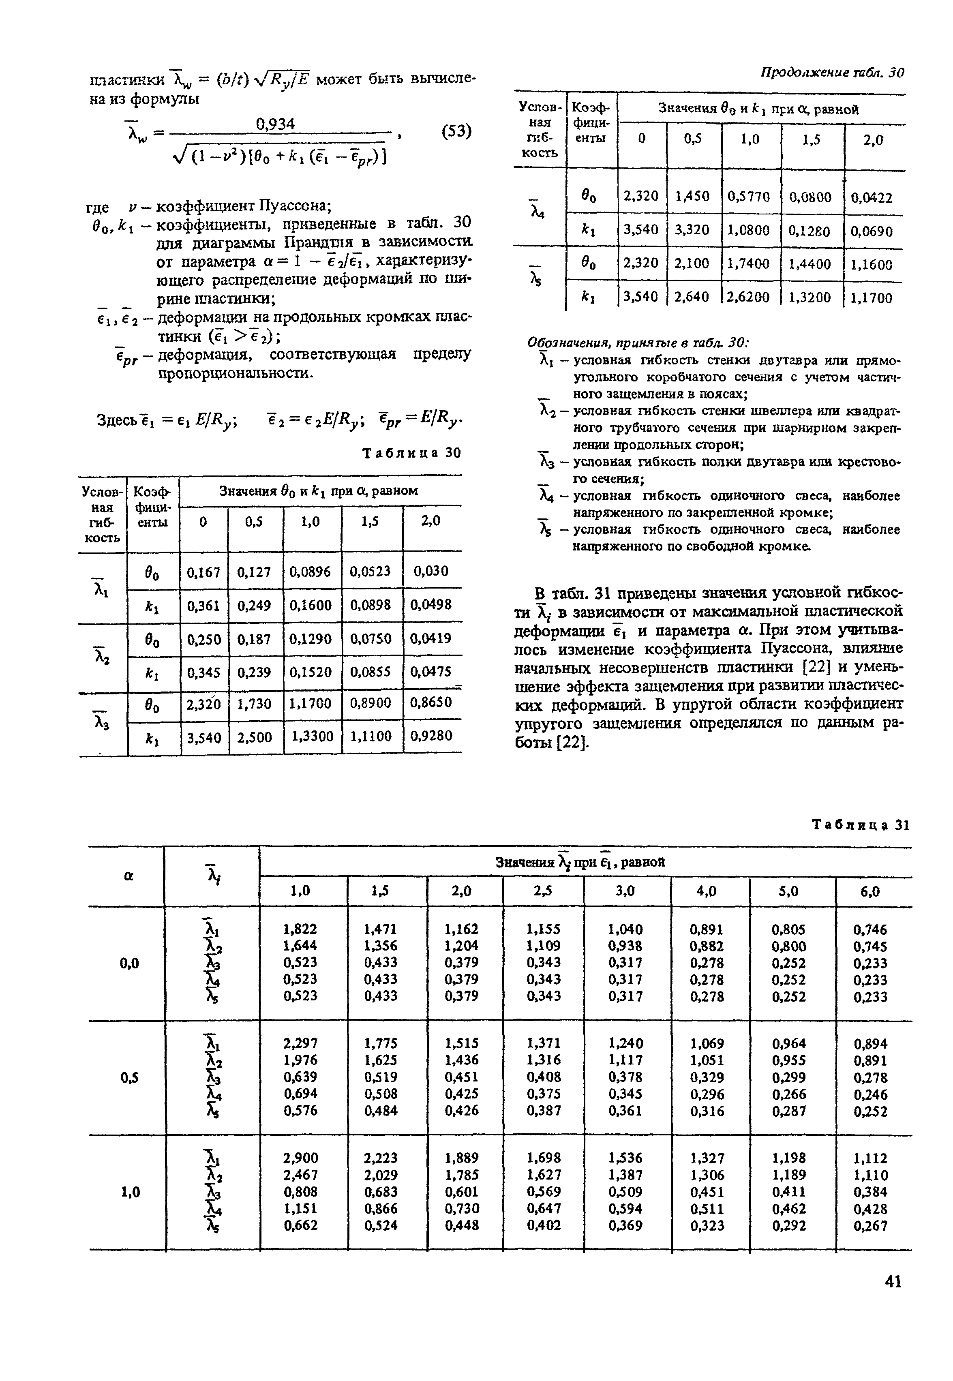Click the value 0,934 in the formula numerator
tap(275, 124)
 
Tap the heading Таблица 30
tap(412, 453)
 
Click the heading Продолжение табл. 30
tap(832, 73)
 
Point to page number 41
tap(893, 1281)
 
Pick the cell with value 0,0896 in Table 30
tap(311, 572)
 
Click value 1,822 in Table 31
tap(300, 929)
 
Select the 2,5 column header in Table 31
tap(542, 891)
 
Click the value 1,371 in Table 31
tap(542, 1043)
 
